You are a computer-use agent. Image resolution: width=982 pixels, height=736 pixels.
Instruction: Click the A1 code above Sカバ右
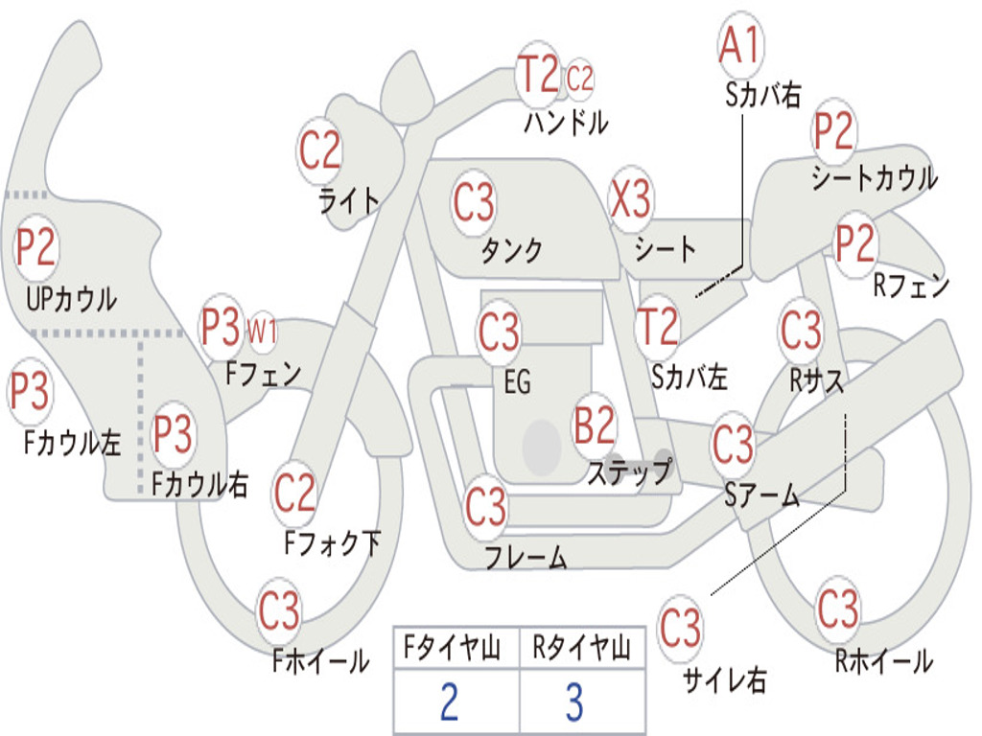coord(739,46)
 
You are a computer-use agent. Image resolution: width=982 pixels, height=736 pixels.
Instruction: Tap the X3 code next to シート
coord(631,200)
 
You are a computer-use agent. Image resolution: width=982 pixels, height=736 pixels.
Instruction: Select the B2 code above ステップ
coord(595,426)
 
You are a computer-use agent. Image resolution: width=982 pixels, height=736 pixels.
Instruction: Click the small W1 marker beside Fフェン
coord(262,332)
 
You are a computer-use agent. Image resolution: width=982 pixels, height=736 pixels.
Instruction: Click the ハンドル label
coord(566,123)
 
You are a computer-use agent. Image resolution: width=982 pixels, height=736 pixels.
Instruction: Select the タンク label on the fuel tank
coord(511,250)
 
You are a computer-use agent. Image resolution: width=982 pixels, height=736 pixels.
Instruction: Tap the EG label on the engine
coord(517,382)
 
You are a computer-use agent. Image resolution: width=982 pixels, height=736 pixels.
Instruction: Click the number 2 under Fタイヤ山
coord(449,702)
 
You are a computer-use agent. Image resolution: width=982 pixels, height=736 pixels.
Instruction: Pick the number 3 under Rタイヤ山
coord(573,702)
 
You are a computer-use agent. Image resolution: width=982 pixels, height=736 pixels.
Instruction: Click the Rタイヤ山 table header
coord(581,650)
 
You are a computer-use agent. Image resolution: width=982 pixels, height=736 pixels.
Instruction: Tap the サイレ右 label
coord(724,679)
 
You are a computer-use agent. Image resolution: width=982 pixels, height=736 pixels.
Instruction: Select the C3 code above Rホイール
coord(838,608)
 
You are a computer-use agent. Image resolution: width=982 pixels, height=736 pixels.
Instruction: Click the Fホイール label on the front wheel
coord(320,660)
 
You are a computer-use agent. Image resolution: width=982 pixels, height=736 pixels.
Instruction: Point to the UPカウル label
coord(71,299)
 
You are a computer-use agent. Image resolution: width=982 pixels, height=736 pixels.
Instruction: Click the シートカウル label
coord(874,178)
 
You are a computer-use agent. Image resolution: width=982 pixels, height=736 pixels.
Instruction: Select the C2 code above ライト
coord(320,149)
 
